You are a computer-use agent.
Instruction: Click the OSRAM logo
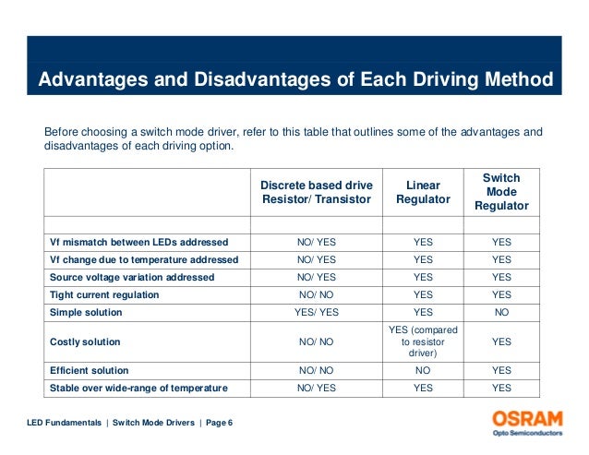click(x=527, y=423)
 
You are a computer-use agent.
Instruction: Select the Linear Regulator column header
click(x=423, y=192)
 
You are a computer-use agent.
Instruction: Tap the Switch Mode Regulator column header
click(x=501, y=192)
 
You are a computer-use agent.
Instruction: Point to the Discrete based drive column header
click(x=317, y=192)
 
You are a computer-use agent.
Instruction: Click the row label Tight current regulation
click(x=104, y=294)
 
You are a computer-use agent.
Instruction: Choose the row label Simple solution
click(x=86, y=312)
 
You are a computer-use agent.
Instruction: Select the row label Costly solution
click(x=85, y=342)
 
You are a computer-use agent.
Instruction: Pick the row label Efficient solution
click(x=89, y=370)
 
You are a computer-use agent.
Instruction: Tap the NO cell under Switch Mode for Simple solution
click(x=501, y=312)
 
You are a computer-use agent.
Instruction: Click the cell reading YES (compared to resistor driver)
click(x=423, y=341)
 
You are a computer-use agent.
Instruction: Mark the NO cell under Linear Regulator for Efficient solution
click(x=423, y=370)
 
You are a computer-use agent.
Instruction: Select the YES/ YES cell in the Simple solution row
click(x=317, y=312)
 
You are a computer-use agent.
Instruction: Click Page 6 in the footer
click(x=219, y=423)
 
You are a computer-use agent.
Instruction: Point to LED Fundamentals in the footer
click(x=65, y=423)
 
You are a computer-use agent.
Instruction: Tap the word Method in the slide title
click(x=519, y=79)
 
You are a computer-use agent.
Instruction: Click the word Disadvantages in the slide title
click(x=262, y=79)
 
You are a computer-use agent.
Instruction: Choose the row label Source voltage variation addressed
click(x=132, y=278)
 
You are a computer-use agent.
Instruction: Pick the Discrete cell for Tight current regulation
click(x=317, y=294)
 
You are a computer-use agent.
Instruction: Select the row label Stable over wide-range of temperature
click(x=138, y=389)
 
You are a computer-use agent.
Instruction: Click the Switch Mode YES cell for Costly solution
click(x=501, y=341)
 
